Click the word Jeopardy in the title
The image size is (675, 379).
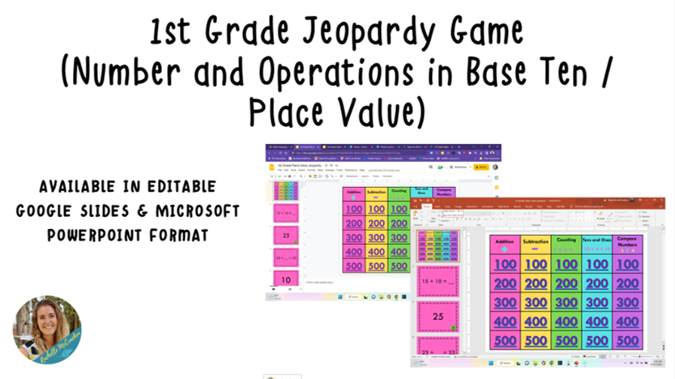[351, 35]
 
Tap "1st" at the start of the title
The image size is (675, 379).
[173, 33]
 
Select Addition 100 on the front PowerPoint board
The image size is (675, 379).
[505, 264]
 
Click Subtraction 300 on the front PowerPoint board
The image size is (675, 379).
[536, 302]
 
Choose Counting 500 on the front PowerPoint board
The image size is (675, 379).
[566, 341]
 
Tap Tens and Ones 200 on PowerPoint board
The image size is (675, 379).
[596, 283]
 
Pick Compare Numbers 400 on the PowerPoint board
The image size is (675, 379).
[627, 322]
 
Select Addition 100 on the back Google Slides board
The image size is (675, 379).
[353, 208]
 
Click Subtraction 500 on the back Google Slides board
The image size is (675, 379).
[376, 266]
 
